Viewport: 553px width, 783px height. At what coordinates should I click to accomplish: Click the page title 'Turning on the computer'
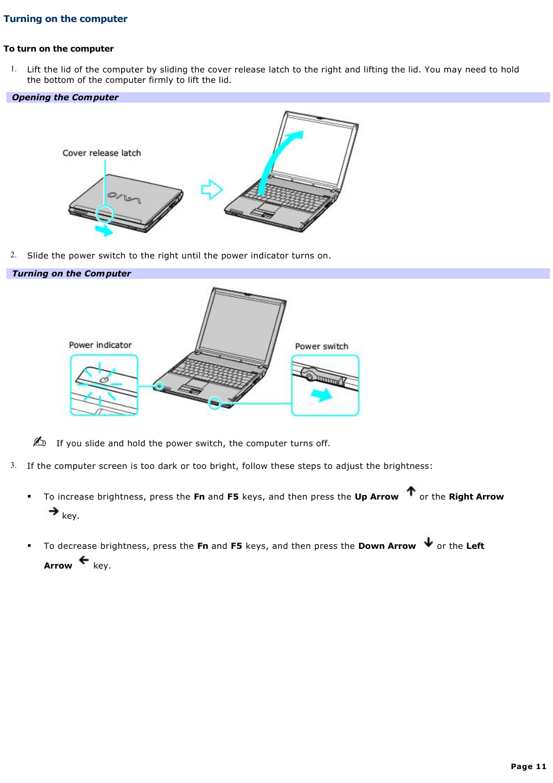tap(66, 19)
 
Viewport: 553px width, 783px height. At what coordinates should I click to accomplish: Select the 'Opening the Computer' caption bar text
tap(65, 97)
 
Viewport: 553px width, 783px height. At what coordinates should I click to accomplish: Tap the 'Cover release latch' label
tap(101, 153)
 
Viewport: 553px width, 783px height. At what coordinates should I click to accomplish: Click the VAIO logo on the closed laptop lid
tap(124, 198)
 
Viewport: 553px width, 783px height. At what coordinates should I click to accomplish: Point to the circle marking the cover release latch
tap(105, 213)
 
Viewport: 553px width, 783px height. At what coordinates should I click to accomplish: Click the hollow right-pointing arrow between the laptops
tap(212, 189)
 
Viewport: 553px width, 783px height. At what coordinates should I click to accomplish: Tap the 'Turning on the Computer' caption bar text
tap(71, 274)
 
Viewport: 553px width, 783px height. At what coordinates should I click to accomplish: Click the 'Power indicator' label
tap(100, 345)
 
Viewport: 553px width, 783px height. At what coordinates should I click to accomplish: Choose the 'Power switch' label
tap(322, 347)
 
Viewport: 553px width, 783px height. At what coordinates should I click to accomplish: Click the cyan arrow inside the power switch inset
tap(321, 395)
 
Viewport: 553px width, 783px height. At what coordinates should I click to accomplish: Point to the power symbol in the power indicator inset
tap(104, 380)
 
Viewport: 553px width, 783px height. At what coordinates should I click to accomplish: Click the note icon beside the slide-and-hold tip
tap(39, 442)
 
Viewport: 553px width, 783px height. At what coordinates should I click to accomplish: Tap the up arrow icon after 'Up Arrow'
tap(411, 491)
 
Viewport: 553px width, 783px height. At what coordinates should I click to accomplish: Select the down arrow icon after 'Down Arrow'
tap(428, 542)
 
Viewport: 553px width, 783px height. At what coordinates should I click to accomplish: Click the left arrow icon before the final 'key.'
tap(84, 560)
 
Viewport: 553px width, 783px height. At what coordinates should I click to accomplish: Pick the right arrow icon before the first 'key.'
tap(53, 511)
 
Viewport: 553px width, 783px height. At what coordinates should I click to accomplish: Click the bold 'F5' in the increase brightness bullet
tap(233, 497)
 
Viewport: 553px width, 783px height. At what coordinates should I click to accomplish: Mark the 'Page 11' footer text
tap(528, 766)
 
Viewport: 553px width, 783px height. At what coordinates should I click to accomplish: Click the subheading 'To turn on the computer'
tap(59, 49)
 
